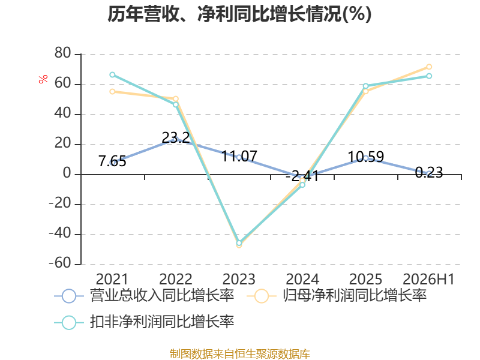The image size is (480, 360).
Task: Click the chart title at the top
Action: click(x=239, y=14)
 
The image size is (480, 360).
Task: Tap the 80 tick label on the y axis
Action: click(x=63, y=53)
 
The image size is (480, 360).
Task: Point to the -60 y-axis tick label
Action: click(x=60, y=263)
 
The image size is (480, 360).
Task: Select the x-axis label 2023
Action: click(x=239, y=279)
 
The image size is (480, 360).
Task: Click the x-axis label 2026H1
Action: click(x=428, y=279)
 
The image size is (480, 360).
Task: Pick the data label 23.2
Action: click(x=175, y=138)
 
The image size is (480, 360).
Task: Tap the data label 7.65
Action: click(x=112, y=161)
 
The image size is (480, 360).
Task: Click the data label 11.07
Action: click(x=239, y=156)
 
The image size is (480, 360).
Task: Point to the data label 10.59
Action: click(x=365, y=157)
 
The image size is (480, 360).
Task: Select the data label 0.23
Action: click(x=429, y=172)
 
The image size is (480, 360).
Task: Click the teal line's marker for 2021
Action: click(x=112, y=74)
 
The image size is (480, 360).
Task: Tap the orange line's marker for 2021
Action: click(x=112, y=92)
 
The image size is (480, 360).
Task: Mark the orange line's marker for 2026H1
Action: click(x=429, y=67)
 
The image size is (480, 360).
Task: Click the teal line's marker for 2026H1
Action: click(x=429, y=76)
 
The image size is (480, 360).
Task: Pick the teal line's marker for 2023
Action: click(x=239, y=243)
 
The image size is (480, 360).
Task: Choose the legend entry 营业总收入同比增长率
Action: click(x=144, y=296)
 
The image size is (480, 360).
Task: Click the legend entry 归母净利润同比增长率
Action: click(x=337, y=296)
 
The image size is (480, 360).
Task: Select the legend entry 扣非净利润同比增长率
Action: click(x=144, y=322)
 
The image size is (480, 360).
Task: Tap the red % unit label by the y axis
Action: click(x=43, y=79)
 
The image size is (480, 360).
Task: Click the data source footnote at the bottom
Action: click(x=240, y=353)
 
